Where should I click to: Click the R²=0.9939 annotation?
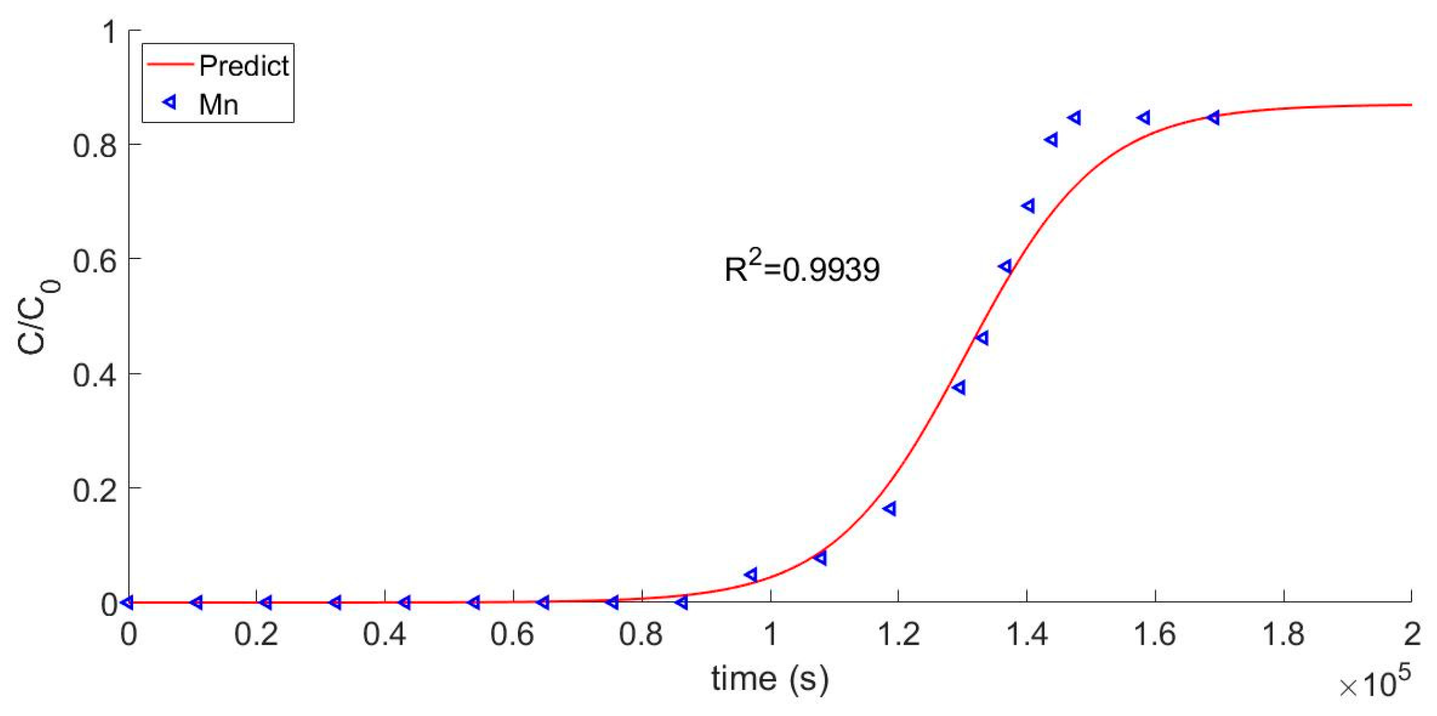point(802,268)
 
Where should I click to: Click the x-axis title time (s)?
point(770,678)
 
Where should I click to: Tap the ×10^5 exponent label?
point(1375,685)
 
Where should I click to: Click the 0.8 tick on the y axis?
point(95,145)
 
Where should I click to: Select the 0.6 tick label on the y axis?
point(95,260)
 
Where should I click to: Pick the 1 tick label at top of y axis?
point(110,31)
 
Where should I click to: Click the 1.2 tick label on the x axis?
point(898,634)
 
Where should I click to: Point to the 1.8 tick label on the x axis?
point(1283,634)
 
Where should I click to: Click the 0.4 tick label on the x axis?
point(384,634)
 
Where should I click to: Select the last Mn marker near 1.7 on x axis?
point(1214,117)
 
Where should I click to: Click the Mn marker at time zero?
point(128,602)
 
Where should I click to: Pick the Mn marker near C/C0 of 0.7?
point(1028,205)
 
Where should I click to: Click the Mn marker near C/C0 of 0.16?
point(890,508)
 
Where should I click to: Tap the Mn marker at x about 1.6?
point(1144,117)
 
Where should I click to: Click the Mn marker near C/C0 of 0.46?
point(982,338)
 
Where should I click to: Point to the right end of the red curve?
point(1411,105)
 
